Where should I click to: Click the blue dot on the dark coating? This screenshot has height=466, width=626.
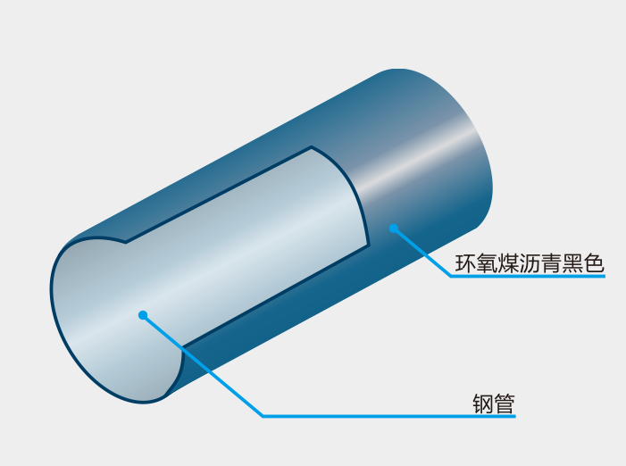[x=394, y=229]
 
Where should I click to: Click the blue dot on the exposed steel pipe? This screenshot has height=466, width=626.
[x=143, y=315]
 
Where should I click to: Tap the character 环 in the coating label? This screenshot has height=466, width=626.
[x=465, y=263]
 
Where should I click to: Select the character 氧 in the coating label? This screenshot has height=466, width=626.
[x=487, y=263]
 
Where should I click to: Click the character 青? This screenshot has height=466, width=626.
[x=551, y=263]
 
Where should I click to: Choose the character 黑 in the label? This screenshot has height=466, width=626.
[x=572, y=263]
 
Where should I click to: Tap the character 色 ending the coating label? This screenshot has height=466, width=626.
[x=594, y=263]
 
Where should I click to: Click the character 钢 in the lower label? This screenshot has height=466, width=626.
[x=483, y=404]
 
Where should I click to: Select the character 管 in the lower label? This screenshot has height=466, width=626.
[x=505, y=404]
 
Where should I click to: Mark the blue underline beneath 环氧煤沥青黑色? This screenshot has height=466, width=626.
[x=528, y=276]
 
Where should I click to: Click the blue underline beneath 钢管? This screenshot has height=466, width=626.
[x=389, y=416]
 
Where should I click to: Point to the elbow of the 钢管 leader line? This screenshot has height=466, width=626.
[x=263, y=416]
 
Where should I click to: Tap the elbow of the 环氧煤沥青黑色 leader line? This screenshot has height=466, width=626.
[x=451, y=276]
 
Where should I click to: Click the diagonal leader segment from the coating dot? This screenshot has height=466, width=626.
[x=422, y=252]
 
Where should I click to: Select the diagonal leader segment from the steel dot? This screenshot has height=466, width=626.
[x=203, y=365]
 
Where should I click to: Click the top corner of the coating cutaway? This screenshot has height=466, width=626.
[x=312, y=146]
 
